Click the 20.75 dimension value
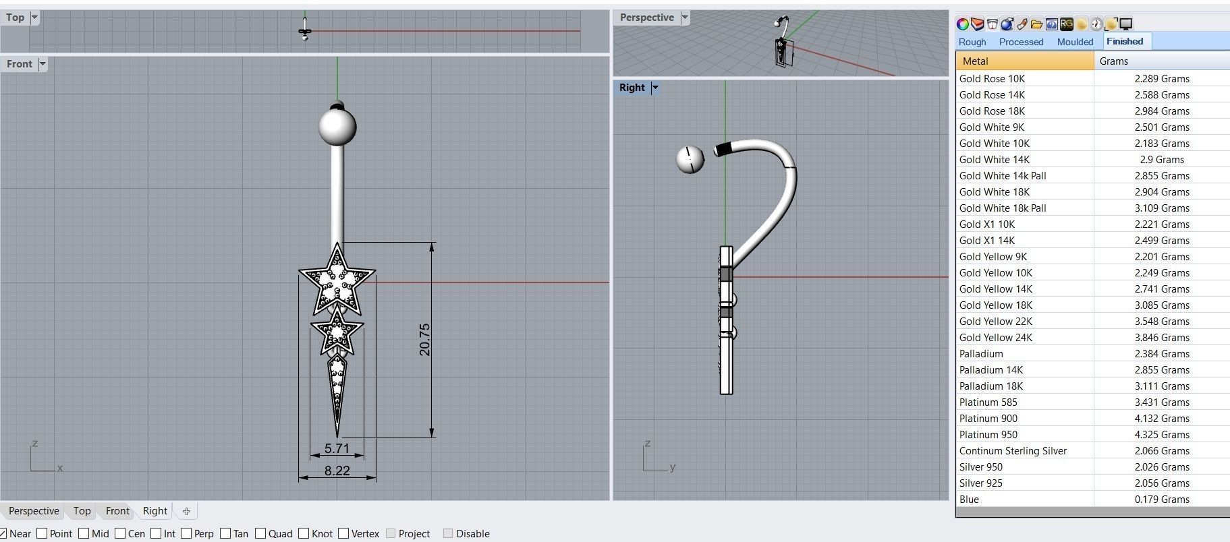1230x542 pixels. coord(424,339)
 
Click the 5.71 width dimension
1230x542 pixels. coord(337,448)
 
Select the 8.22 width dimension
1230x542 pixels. coord(337,471)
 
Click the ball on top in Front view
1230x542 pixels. coord(337,127)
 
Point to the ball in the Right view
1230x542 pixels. coord(690,159)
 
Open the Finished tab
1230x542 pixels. coord(1125,41)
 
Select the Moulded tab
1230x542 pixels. coord(1075,42)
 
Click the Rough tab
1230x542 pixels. coord(972,42)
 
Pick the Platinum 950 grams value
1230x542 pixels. coord(1161,435)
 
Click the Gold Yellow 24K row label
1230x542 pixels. coord(996,338)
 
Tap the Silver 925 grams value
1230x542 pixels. coord(1161,483)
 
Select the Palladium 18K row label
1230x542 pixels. coord(991,386)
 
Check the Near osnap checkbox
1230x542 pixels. coord(3,533)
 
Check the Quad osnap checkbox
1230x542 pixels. coord(260,533)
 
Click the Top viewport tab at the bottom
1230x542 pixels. coord(82,511)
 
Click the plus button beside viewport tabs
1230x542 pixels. coord(186,511)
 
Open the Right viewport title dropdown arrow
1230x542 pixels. coord(655,88)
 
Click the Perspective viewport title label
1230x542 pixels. coord(646,18)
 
